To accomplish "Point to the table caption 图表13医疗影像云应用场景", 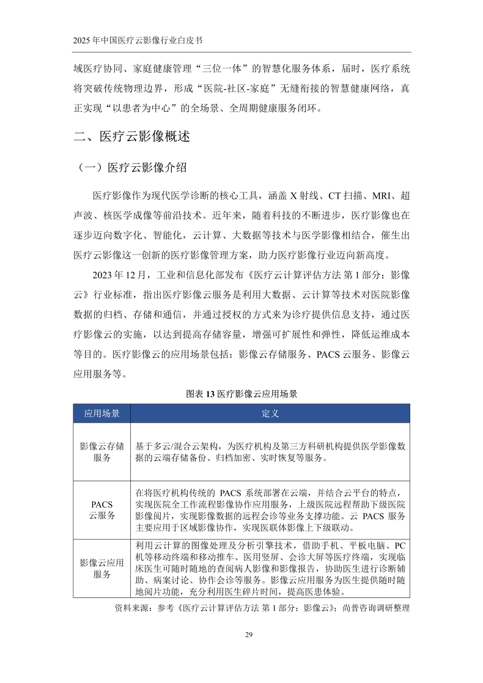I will (241, 394).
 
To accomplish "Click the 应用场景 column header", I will (102, 413).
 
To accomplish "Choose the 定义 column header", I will (270, 413).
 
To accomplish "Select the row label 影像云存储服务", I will (102, 452).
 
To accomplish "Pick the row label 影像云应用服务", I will (102, 568).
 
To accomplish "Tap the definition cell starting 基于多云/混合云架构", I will (270, 452).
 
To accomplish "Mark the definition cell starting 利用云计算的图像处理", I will (270, 568).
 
